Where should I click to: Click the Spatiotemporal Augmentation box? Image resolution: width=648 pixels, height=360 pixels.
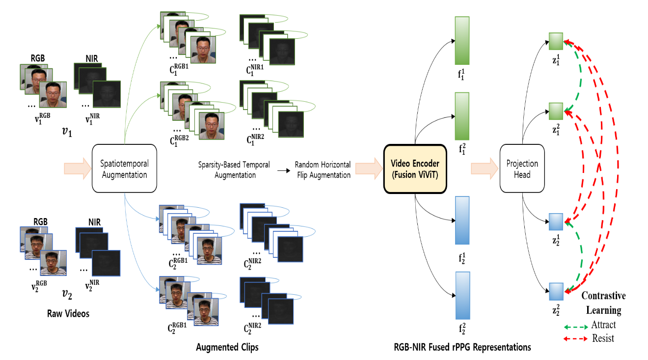(124, 168)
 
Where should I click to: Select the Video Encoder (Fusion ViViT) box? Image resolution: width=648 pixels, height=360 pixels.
(415, 168)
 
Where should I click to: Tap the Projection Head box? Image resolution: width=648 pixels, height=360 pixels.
(522, 168)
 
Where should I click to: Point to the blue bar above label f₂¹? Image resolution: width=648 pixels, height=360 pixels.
(462, 220)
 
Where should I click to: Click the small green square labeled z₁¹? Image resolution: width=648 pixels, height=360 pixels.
(555, 41)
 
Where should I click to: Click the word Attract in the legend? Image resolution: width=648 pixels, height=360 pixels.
(603, 325)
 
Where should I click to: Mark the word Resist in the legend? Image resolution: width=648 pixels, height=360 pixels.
(603, 338)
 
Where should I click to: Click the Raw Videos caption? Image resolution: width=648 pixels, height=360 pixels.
(68, 313)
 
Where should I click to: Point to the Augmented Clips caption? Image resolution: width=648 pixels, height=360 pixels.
(227, 347)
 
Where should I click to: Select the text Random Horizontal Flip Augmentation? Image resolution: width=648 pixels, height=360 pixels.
(322, 170)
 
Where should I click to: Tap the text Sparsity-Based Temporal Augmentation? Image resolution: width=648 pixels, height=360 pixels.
(234, 170)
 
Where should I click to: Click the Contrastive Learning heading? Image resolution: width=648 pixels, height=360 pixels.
(603, 303)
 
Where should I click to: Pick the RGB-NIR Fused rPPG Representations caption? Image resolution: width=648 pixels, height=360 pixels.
(462, 347)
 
